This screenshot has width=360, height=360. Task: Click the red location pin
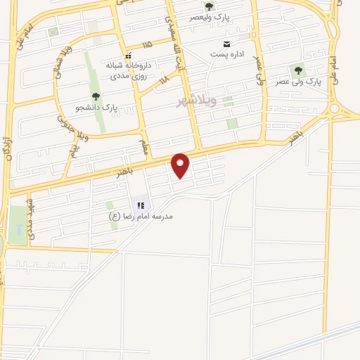[x=181, y=165]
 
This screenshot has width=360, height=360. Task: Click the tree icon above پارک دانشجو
[x=96, y=96]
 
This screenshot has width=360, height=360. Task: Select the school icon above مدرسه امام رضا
[x=141, y=205]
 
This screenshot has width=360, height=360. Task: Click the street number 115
[x=146, y=44]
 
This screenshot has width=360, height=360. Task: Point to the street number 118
[x=165, y=82]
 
